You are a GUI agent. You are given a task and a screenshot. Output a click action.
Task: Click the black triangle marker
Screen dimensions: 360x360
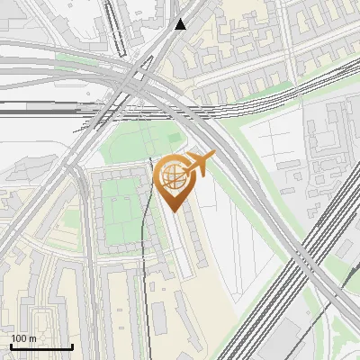[181, 24]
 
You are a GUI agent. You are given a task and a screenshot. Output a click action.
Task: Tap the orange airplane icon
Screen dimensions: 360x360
[199, 165]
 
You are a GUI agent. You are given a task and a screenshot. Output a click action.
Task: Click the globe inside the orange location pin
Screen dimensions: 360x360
[172, 176]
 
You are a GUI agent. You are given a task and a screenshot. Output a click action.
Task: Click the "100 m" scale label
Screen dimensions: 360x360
[23, 338]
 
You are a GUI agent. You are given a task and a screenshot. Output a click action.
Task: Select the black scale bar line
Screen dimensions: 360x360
[41, 346]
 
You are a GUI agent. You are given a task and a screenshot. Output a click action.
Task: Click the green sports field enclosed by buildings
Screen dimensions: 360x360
[121, 211]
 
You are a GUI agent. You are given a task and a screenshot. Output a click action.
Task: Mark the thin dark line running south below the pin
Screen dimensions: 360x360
[145, 297]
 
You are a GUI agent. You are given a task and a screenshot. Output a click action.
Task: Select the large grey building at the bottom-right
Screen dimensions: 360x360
[288, 342]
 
